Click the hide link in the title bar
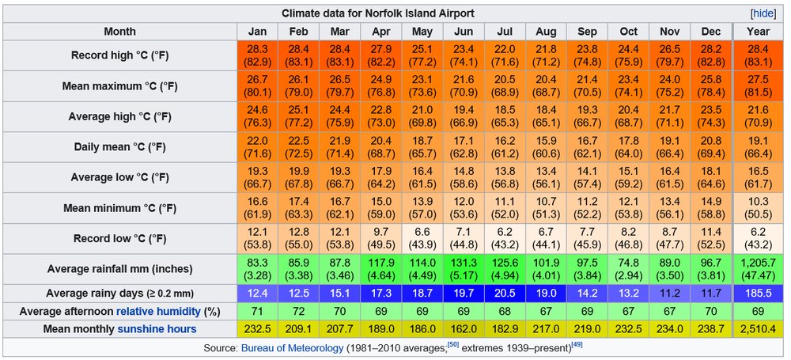tap(763, 13)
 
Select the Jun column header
tap(463, 32)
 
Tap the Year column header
tap(758, 32)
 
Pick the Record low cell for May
tap(422, 238)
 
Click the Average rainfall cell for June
tap(463, 269)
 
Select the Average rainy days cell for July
tap(504, 293)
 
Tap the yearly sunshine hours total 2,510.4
tap(758, 328)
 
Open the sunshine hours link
tap(157, 328)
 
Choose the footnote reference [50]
tap(454, 344)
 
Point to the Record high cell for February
tap(298, 55)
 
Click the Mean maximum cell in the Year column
tap(758, 86)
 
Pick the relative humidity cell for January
tap(257, 311)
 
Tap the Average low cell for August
tap(545, 177)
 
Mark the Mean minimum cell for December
tap(710, 207)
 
